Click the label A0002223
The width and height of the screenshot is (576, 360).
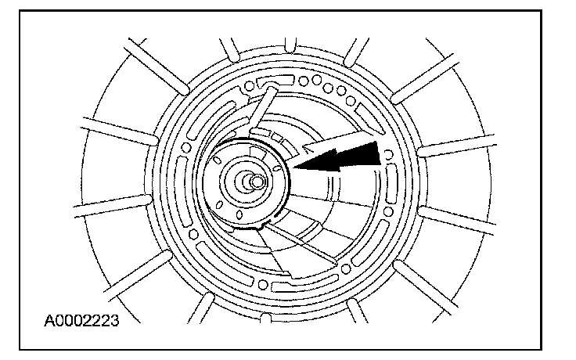point(82,320)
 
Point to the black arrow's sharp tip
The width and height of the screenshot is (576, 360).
point(294,165)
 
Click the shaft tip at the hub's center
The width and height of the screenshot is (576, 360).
point(254,182)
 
